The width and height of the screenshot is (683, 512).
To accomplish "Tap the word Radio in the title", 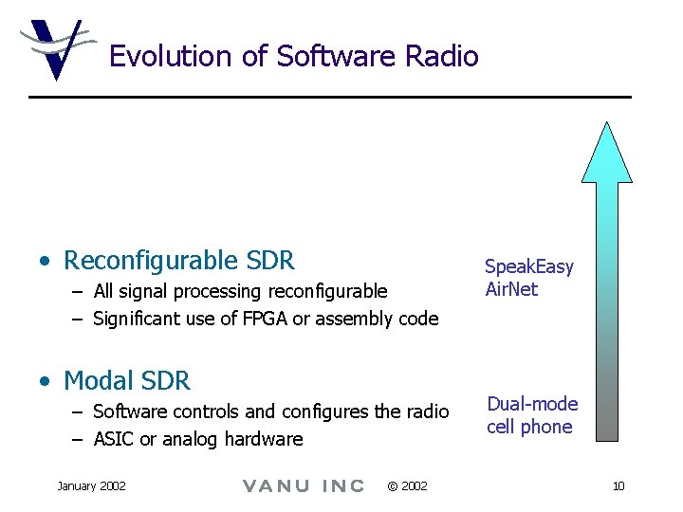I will [441, 57].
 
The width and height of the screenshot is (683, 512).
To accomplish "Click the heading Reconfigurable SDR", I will [178, 260].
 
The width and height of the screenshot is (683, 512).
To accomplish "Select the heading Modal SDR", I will [126, 381].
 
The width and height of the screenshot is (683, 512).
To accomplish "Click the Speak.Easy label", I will [529, 267].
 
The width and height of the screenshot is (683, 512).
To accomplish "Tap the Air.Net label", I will [511, 289].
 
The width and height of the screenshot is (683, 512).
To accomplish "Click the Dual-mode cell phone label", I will [531, 415].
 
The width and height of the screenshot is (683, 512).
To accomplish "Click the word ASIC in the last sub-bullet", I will [115, 439].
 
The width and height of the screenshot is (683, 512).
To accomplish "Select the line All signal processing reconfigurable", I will [240, 291].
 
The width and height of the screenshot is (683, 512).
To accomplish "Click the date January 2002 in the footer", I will [91, 485].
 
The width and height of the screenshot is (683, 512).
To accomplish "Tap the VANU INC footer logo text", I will [304, 486].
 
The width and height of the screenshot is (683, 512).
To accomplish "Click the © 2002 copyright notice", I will [407, 486].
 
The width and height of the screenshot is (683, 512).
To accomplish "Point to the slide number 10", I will [618, 486].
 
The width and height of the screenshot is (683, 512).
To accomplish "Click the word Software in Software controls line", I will [127, 411].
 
